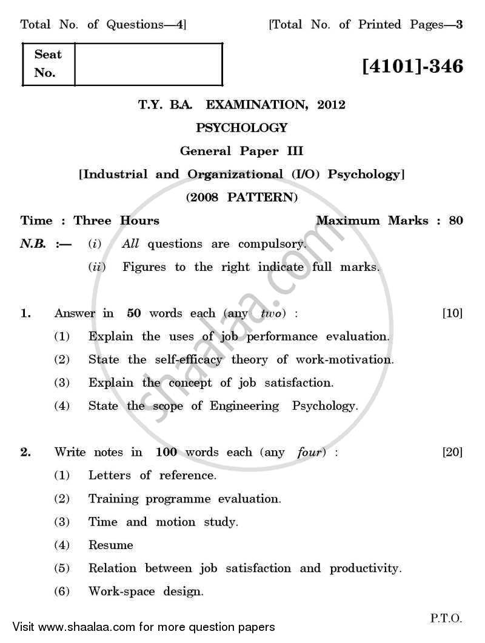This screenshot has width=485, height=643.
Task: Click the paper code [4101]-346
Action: tap(412, 65)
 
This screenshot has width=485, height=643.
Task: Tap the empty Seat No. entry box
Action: tap(149, 64)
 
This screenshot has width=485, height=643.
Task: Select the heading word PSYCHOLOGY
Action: tap(242, 128)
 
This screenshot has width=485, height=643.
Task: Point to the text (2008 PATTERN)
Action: tap(242, 197)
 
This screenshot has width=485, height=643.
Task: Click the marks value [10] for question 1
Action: tap(452, 313)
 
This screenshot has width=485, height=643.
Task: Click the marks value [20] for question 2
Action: tap(452, 452)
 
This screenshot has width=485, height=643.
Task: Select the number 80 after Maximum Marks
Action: tap(456, 221)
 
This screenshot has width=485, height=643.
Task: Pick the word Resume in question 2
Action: tap(110, 545)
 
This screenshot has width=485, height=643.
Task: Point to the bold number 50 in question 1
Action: tap(135, 313)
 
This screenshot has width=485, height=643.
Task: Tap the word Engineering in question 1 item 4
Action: tap(245, 406)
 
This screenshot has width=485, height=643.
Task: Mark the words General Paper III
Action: tap(242, 151)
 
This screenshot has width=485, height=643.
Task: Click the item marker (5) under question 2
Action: tap(62, 568)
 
